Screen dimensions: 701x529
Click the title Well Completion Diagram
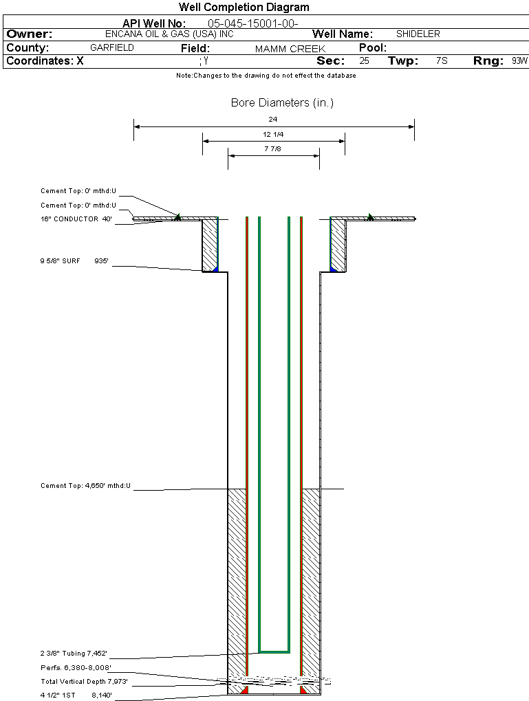coord(244,8)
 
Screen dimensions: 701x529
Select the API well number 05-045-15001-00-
coord(252,23)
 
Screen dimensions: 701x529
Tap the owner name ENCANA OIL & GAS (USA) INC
coord(179,34)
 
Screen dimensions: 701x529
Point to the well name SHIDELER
coord(418,34)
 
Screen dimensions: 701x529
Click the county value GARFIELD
coord(112,48)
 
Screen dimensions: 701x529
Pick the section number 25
coord(364,61)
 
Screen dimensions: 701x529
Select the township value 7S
coord(442,61)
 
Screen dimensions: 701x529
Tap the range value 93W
coord(519,61)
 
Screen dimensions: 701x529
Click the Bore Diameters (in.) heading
coord(282,103)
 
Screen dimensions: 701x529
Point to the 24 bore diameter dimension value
coord(273,119)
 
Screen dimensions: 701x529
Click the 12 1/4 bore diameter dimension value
coord(273,134)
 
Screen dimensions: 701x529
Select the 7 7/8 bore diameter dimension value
coord(273,148)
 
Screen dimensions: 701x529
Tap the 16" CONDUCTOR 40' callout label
coord(76,219)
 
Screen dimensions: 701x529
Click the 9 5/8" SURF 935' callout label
coord(74,261)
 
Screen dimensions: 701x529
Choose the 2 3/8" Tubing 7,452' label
coord(74,653)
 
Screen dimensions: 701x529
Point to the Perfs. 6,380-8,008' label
coord(76,667)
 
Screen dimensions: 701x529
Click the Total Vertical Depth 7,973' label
coord(84,682)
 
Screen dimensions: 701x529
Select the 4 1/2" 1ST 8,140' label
coord(75,696)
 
